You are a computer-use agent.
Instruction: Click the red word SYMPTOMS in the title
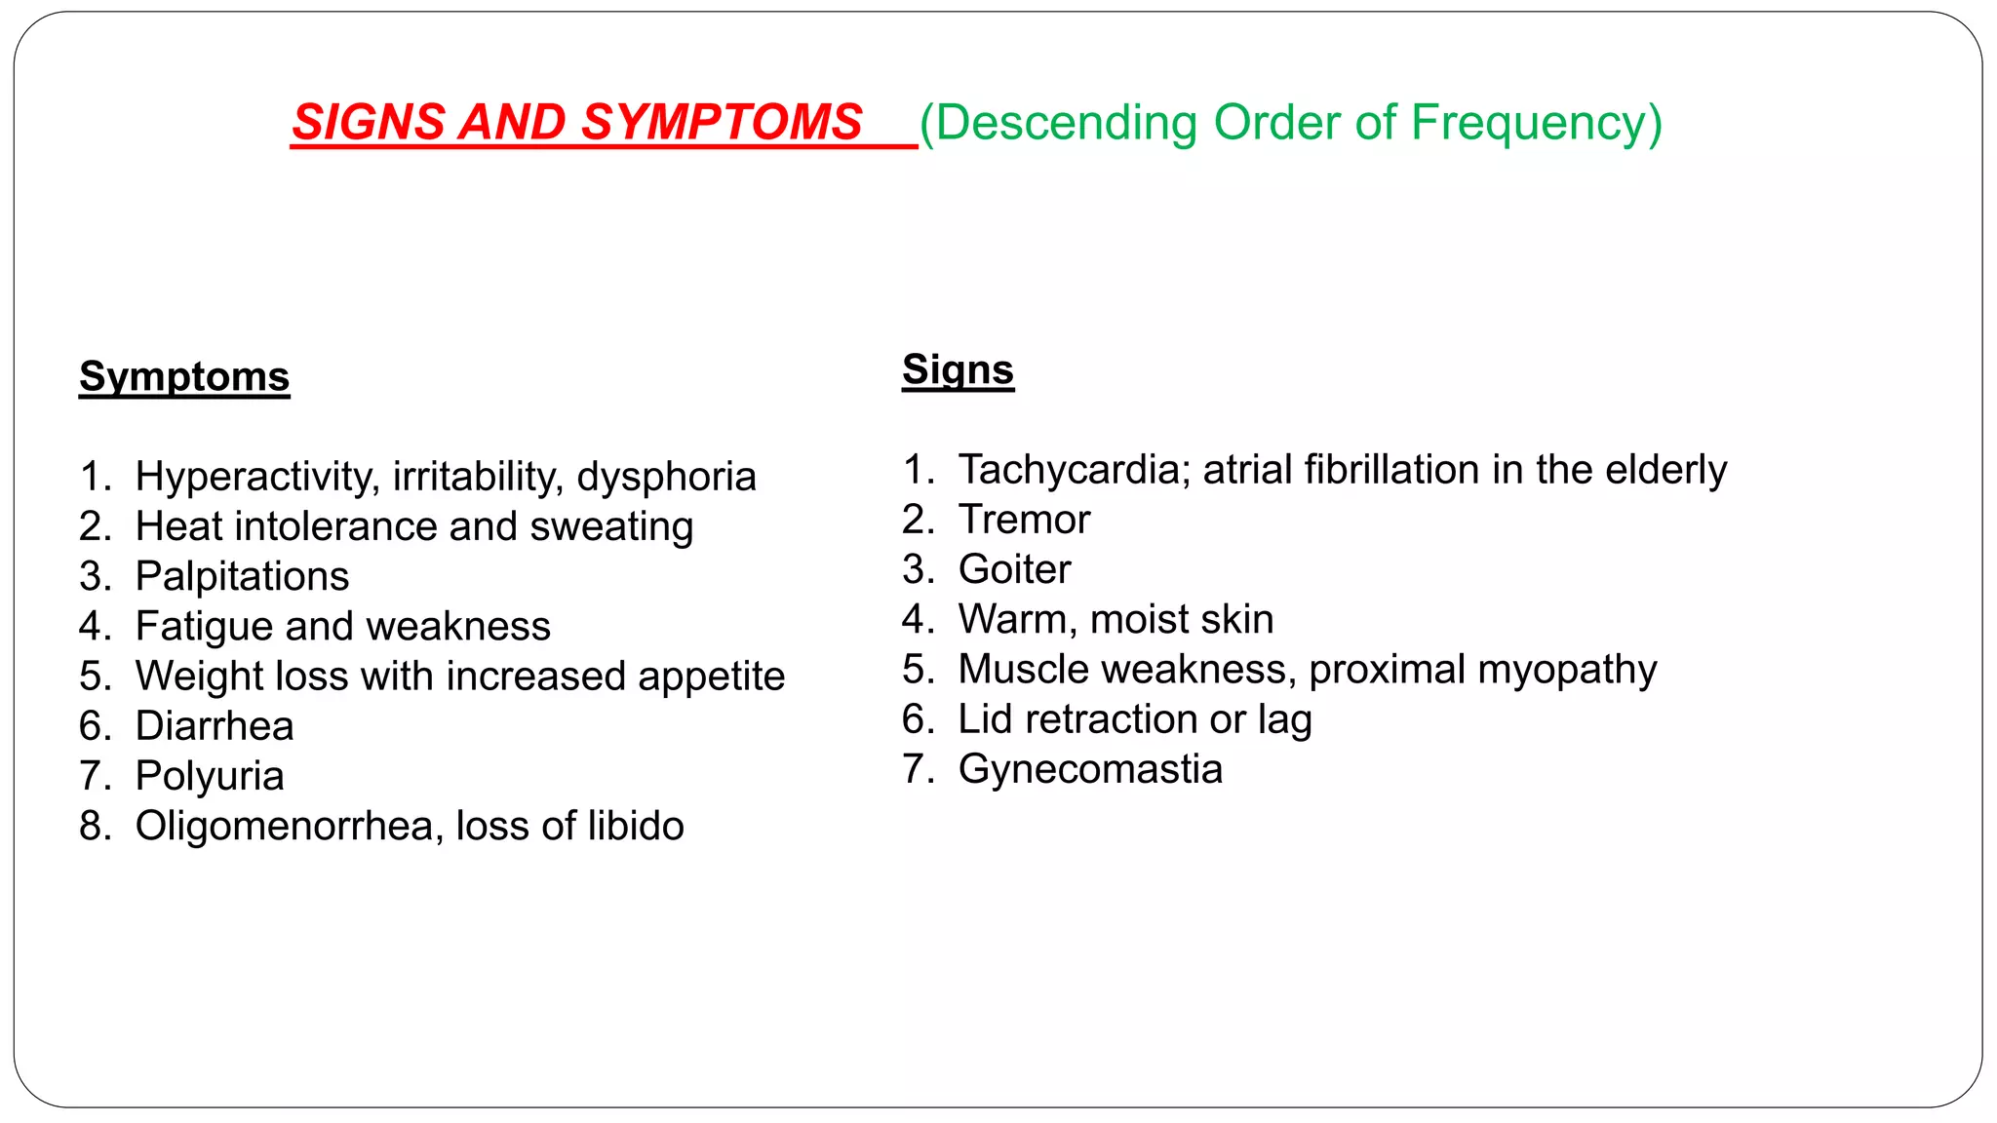point(722,123)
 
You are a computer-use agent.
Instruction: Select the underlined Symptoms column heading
point(184,377)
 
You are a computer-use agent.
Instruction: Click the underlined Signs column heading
point(958,370)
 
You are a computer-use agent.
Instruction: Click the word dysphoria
point(666,478)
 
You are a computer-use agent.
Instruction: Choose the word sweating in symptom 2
point(611,527)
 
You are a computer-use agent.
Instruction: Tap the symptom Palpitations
point(242,577)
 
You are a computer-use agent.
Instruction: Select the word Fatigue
point(203,627)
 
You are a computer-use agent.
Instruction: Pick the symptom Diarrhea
point(215,726)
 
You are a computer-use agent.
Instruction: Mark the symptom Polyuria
point(210,777)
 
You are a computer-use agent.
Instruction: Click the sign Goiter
point(1014,570)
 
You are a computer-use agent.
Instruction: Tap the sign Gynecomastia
point(1090,770)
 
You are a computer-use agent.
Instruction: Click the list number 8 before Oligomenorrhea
point(95,827)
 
